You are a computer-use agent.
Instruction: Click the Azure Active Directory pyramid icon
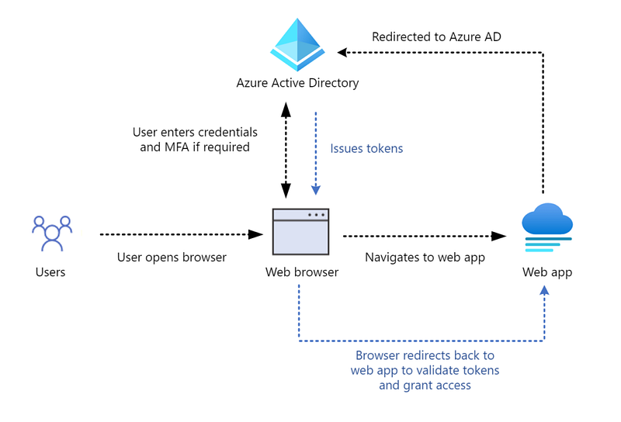point(297,44)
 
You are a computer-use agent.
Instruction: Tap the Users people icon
point(52,233)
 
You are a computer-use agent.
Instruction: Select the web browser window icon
point(300,232)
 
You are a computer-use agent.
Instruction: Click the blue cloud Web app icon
point(547,227)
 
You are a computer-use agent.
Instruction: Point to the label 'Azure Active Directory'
point(297,83)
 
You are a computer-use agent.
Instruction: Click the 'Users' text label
point(50,272)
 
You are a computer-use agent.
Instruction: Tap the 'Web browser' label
point(302,272)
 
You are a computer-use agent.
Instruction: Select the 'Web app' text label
point(547,272)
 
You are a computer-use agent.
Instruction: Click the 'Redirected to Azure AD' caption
point(436,36)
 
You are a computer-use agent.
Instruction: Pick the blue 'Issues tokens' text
point(366,148)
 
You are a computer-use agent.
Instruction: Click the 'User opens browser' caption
point(172,258)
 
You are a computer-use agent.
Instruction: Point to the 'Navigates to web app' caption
point(425,258)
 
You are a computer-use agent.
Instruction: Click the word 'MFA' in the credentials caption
point(177,147)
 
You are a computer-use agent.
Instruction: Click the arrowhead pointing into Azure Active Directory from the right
point(342,52)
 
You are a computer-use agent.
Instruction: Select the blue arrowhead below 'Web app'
point(545,291)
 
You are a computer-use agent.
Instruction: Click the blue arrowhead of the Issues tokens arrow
point(316,190)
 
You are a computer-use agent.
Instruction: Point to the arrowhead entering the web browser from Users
point(256,234)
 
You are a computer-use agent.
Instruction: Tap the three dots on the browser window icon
point(317,215)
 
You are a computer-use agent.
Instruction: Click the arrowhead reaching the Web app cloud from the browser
point(498,237)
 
